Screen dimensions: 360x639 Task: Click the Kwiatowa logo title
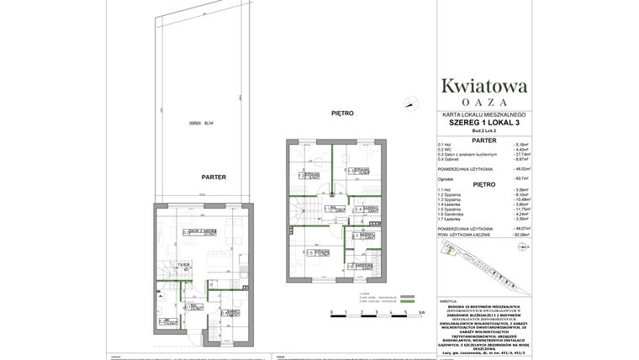click(x=484, y=85)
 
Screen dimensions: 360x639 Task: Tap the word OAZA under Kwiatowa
click(x=484, y=102)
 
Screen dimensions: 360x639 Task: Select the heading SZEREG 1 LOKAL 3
click(x=484, y=123)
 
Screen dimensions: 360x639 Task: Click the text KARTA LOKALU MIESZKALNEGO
click(x=484, y=114)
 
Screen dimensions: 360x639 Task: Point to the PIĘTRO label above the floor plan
click(x=342, y=113)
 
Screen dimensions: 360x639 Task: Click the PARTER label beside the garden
click(x=214, y=177)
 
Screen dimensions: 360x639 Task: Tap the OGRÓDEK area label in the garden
click(x=203, y=123)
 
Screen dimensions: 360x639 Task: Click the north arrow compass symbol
click(x=411, y=104)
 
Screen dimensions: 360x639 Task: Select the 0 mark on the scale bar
click(x=332, y=312)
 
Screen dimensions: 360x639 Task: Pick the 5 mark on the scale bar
click(x=406, y=312)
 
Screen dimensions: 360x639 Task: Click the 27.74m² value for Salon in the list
click(x=522, y=154)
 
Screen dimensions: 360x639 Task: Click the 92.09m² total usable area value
click(x=522, y=234)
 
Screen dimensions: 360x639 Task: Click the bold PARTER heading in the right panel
click(x=484, y=140)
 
